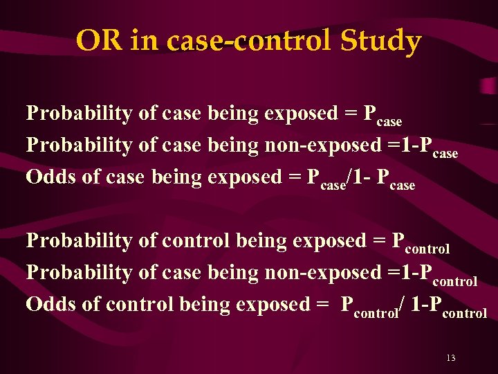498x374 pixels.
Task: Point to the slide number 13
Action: [x=451, y=358]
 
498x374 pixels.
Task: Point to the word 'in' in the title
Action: [x=142, y=42]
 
